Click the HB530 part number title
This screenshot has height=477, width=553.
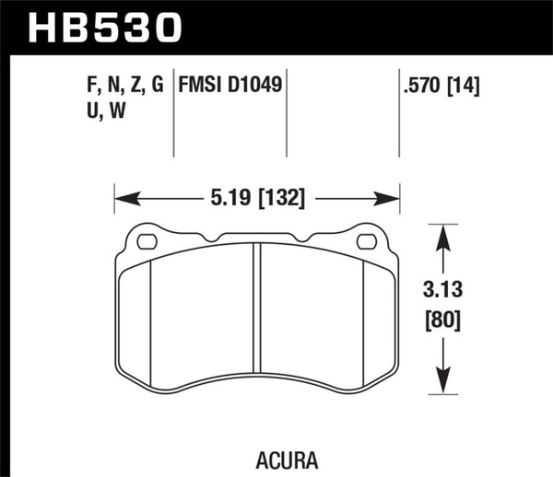tap(103, 28)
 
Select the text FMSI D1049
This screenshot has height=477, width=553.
tap(229, 87)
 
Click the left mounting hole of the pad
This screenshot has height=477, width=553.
tap(147, 242)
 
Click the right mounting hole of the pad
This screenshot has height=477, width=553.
tap(366, 242)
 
